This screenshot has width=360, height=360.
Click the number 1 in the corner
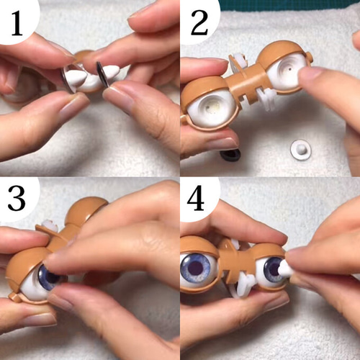click(x=17, y=23)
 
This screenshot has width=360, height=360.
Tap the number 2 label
click(x=199, y=23)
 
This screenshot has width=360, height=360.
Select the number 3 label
click(x=17, y=198)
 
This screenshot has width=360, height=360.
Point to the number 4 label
click(x=196, y=198)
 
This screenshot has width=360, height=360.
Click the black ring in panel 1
click(x=102, y=74)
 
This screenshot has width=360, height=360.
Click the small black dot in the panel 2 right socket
click(x=290, y=68)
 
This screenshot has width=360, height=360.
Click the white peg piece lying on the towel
click(x=301, y=150)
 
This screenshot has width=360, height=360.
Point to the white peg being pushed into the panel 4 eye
click(x=286, y=269)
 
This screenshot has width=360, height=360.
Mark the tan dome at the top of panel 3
click(x=86, y=210)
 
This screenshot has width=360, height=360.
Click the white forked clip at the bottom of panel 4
click(x=243, y=286)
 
